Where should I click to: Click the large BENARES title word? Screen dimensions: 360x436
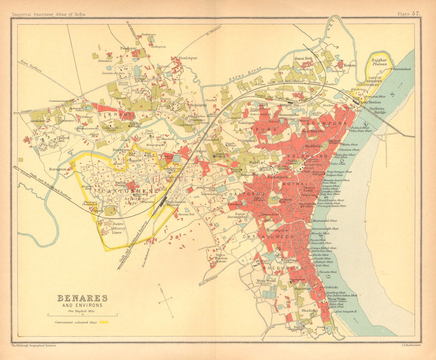click(x=82, y=299)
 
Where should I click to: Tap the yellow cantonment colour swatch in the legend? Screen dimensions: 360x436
click(x=103, y=323)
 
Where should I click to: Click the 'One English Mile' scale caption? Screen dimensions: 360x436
click(x=82, y=310)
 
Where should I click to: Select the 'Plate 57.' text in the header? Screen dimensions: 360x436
click(x=409, y=14)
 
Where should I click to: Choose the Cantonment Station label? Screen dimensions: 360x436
click(x=176, y=204)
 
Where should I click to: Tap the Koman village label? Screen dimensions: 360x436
click(x=349, y=65)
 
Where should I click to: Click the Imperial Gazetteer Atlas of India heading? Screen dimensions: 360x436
click(x=48, y=14)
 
